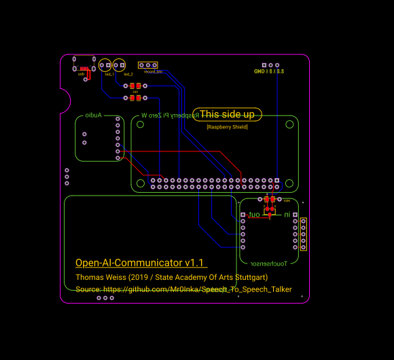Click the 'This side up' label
227,115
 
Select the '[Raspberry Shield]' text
227,127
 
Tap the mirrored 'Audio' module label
93,115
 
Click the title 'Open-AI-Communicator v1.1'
139,263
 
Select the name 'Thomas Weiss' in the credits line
98,277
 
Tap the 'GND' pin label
259,71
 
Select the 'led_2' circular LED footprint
119,65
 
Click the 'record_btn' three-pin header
150,65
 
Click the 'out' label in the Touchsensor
254,215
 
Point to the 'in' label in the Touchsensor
287,215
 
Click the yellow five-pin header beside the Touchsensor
304,234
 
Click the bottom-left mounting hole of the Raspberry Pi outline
141,183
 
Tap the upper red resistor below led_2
135,86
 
